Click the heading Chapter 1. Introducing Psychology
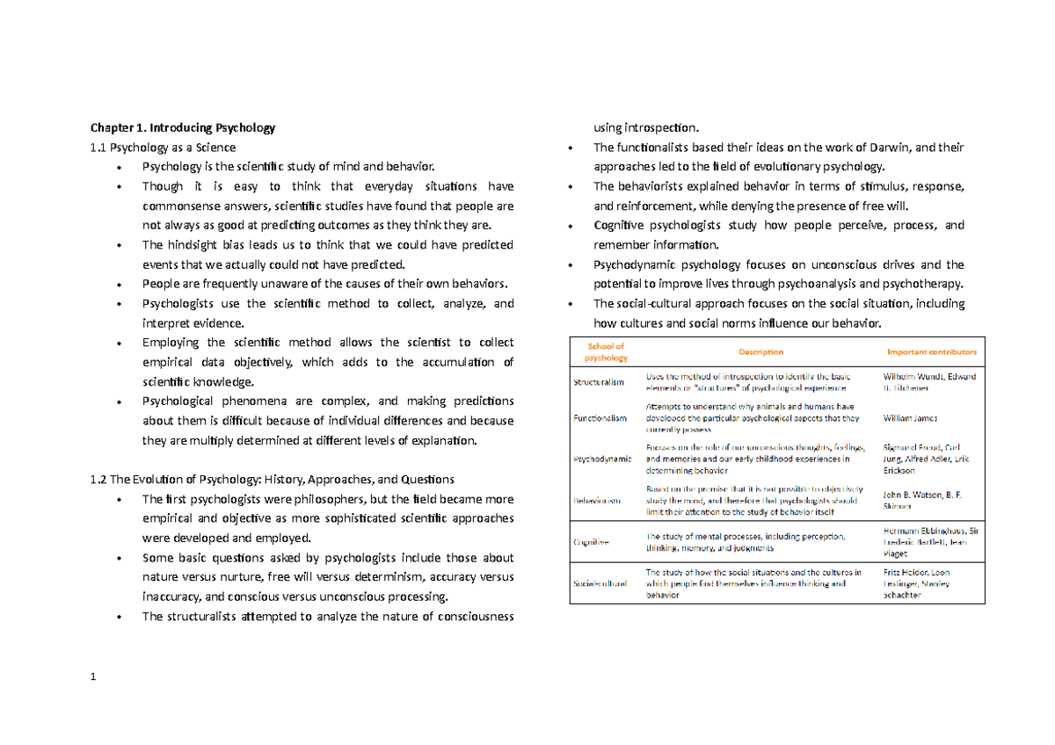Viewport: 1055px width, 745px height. coord(183,127)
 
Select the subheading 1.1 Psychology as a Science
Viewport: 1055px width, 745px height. coord(164,147)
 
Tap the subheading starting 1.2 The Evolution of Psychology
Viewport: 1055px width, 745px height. coord(273,480)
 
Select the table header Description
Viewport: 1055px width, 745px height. coord(760,351)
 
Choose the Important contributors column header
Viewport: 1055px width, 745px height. coord(930,351)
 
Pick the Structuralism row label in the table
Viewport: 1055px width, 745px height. coord(599,382)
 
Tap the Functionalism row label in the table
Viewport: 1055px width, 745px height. coord(600,418)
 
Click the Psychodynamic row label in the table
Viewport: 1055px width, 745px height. coord(600,459)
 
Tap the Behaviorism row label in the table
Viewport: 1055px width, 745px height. coord(598,500)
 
